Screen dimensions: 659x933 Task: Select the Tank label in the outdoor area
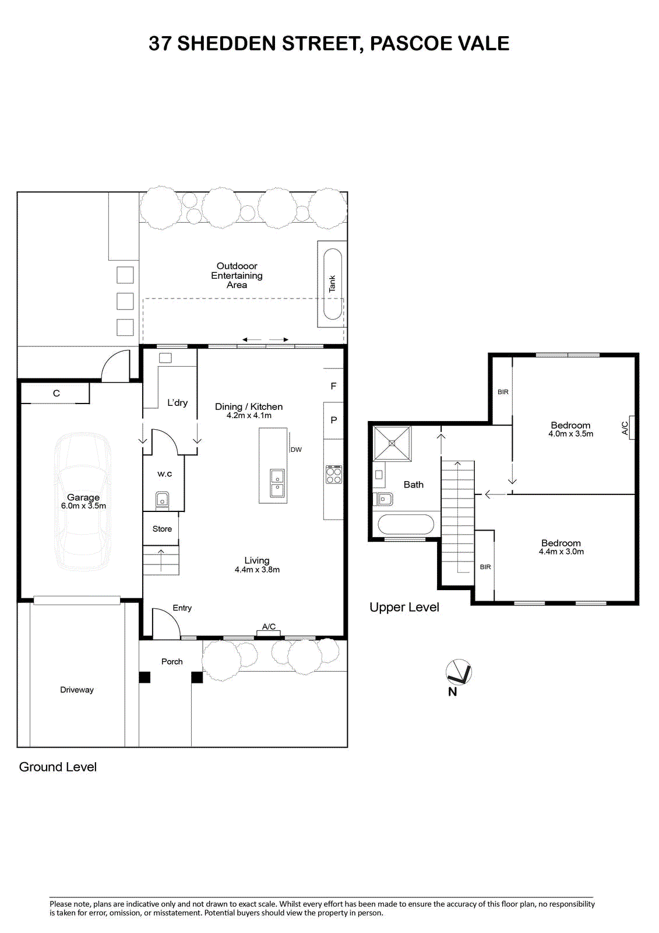332,283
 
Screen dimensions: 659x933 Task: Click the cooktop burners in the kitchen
333,475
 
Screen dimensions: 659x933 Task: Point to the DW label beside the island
296,450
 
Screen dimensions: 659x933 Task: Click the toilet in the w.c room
163,500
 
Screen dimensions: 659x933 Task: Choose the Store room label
162,528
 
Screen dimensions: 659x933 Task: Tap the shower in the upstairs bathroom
392,443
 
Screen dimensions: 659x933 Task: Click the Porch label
172,661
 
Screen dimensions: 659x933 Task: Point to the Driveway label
76,690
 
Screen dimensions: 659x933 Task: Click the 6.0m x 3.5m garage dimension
83,506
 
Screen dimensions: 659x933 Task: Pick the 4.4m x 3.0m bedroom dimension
561,552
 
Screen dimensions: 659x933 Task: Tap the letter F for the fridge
333,386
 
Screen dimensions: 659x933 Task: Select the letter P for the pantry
333,420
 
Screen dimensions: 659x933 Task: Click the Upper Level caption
404,607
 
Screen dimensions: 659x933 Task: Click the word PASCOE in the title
407,43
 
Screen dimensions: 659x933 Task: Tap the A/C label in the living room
269,626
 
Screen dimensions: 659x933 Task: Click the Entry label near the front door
182,608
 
